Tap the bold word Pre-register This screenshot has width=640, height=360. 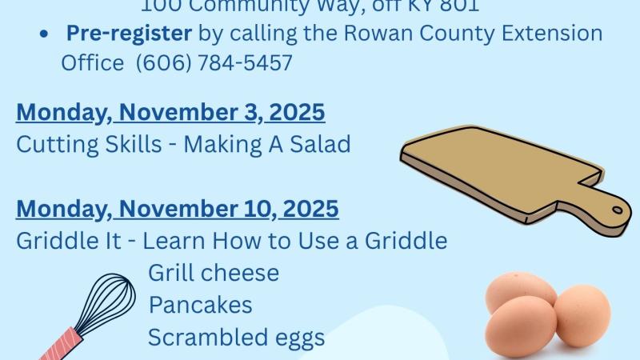click(130, 34)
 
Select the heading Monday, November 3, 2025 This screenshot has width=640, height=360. click(170, 112)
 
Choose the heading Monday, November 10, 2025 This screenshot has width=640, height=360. click(178, 209)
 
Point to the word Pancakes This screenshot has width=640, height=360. click(200, 305)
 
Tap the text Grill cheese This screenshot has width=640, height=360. click(214, 273)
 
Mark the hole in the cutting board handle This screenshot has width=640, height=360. click(618, 210)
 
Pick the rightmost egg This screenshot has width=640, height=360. click(582, 315)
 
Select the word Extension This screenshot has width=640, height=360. click(557, 34)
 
